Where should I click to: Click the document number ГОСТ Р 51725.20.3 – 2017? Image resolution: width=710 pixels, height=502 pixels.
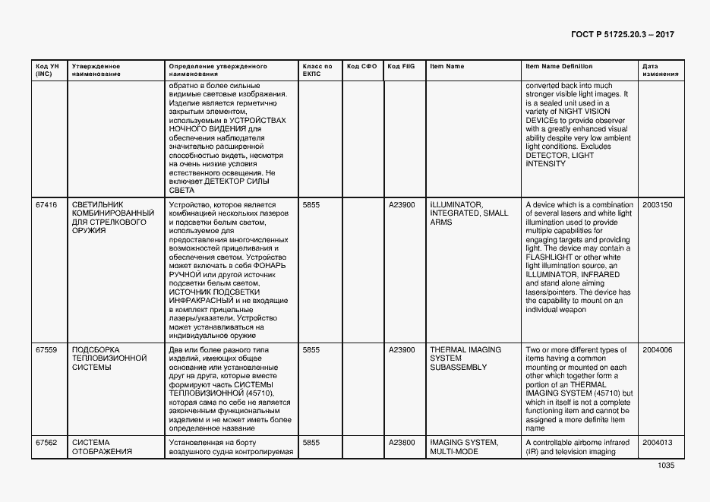click(622, 35)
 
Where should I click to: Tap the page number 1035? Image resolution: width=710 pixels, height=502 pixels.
click(665, 465)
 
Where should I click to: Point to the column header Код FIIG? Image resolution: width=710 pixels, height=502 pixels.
click(401, 66)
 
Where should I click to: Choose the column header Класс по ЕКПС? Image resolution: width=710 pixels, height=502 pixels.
click(317, 70)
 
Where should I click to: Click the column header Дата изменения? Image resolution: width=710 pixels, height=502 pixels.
click(655, 70)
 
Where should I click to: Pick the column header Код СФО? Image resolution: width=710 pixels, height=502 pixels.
click(361, 66)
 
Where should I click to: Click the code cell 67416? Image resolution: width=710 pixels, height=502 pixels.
click(46, 205)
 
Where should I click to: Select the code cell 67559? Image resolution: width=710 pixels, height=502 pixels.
click(46, 350)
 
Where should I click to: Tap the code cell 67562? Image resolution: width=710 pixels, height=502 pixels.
click(46, 442)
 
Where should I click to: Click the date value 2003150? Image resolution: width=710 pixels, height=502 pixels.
click(657, 205)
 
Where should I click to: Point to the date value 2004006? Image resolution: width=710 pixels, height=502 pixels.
click(657, 350)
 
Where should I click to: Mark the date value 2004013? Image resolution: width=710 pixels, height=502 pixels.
click(657, 442)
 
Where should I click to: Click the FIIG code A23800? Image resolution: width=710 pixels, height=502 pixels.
click(402, 442)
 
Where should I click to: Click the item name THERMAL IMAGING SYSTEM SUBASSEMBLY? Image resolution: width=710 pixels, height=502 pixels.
click(465, 358)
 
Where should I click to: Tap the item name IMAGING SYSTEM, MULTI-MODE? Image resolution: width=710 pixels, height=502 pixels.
click(463, 447)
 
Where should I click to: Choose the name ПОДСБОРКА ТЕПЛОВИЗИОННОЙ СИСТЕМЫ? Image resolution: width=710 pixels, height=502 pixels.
click(109, 358)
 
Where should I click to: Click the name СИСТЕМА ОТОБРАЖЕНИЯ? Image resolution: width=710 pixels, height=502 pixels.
click(102, 447)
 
